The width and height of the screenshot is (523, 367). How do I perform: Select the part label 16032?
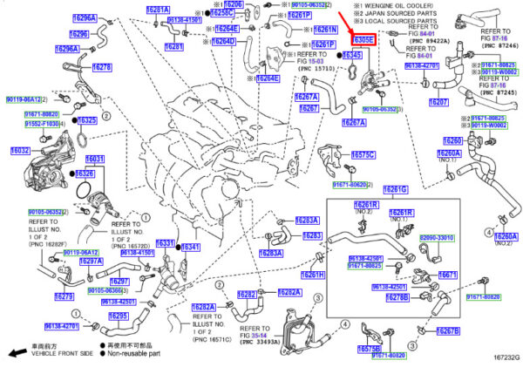click(20, 150)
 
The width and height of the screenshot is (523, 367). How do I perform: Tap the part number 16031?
click(94, 159)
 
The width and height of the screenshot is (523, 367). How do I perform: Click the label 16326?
click(85, 174)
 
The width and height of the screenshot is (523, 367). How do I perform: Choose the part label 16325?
click(87, 120)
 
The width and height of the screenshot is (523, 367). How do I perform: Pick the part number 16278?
click(101, 67)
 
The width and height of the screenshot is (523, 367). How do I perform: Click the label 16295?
click(119, 316)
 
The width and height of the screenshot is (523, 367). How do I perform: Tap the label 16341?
click(190, 248)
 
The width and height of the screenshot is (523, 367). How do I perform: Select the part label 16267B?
click(447, 331)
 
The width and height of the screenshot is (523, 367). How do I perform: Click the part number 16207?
click(438, 102)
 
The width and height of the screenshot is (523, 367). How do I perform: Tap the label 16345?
click(352, 55)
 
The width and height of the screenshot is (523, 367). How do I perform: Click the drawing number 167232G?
click(504, 357)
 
